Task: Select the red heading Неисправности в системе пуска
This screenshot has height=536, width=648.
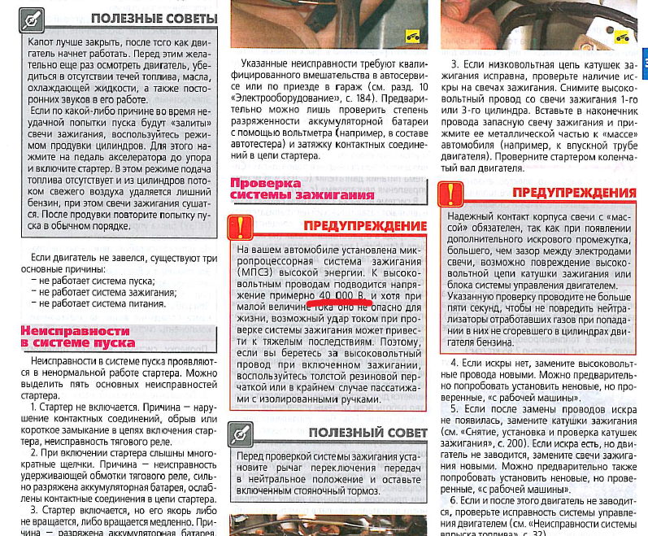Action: click(75, 337)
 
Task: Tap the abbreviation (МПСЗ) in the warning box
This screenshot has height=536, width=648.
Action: click(253, 273)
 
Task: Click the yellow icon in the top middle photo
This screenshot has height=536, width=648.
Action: click(411, 35)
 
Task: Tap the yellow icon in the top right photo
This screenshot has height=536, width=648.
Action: click(622, 36)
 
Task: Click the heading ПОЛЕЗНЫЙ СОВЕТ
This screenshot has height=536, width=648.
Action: click(367, 433)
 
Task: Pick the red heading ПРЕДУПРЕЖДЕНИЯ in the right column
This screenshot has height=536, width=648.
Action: click(574, 193)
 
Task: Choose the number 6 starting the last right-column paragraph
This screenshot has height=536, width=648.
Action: click(454, 501)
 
